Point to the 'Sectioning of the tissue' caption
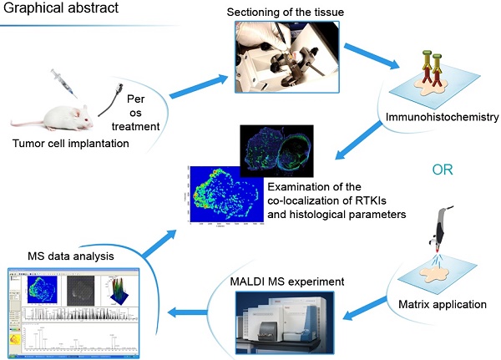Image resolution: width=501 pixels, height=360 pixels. pos(281,13)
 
